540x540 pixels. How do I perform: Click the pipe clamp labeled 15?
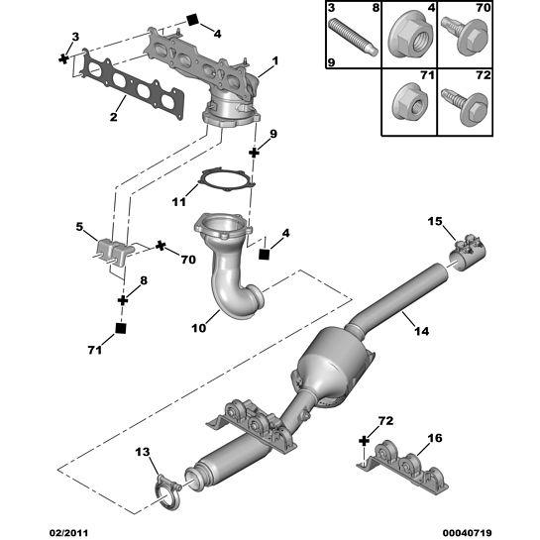pyautogui.click(x=468, y=253)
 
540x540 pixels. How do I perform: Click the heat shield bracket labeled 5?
pyautogui.click(x=112, y=253)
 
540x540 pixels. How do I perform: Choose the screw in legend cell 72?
pyautogui.click(x=465, y=106)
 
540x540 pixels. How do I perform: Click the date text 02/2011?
pyautogui.click(x=68, y=533)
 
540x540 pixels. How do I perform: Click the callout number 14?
pyautogui.click(x=421, y=331)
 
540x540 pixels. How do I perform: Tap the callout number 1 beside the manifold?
pyautogui.click(x=274, y=61)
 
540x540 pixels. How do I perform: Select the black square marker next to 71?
pyautogui.click(x=121, y=329)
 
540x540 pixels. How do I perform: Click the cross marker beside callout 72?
pyautogui.click(x=364, y=441)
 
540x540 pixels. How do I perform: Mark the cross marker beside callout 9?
pyautogui.click(x=254, y=153)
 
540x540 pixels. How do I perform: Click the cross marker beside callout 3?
pyautogui.click(x=63, y=58)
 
